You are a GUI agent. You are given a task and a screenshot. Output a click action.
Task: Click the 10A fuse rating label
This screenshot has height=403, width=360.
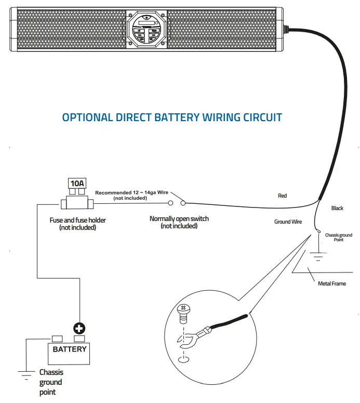[77, 184]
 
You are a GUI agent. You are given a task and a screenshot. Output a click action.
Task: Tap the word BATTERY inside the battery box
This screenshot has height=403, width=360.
[70, 349]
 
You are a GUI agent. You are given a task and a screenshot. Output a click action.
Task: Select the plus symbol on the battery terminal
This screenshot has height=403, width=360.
[80, 328]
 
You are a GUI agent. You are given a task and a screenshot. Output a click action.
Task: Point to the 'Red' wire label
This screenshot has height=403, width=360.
[282, 196]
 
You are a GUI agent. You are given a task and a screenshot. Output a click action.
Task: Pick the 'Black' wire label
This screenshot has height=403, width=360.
[337, 208]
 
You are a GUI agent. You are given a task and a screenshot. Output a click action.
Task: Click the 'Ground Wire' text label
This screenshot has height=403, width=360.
[288, 222]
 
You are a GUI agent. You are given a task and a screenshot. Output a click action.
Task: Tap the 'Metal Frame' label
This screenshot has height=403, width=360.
[331, 283]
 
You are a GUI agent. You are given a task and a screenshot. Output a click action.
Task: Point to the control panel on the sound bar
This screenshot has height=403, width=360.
[146, 30]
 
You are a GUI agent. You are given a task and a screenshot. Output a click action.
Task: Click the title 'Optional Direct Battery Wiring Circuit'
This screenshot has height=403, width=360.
[172, 117]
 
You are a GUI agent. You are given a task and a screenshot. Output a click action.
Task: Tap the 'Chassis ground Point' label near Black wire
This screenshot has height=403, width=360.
[338, 238]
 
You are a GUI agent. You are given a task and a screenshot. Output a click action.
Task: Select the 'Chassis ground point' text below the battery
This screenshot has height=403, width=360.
[51, 382]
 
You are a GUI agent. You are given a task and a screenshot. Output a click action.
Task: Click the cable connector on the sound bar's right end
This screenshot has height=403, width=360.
[285, 29]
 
